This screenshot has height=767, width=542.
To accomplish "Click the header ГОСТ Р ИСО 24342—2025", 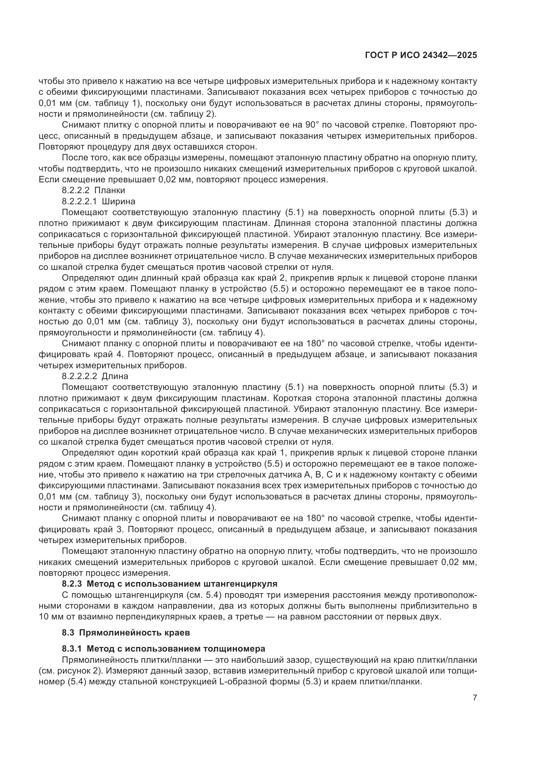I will coord(421,55).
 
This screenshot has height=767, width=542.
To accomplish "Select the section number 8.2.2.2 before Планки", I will coord(76,191).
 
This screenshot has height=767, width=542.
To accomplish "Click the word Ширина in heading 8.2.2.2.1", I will coord(119,201).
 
